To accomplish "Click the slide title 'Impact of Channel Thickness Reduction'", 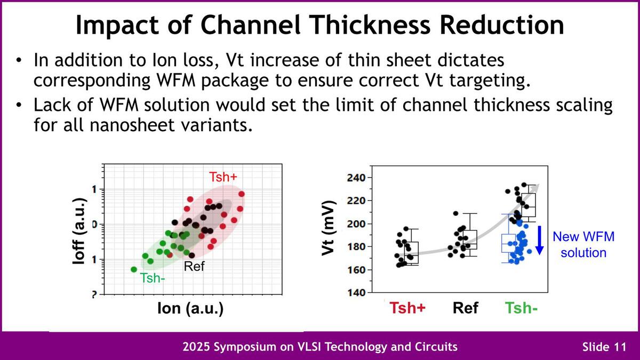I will pyautogui.click(x=319, y=25).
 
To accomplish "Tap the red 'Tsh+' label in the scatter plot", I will pyautogui.click(x=223, y=177).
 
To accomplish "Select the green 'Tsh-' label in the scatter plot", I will pyautogui.click(x=153, y=277).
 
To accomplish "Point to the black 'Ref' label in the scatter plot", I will pyautogui.click(x=194, y=266).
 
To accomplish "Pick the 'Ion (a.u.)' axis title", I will pyautogui.click(x=190, y=309).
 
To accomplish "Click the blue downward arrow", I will pyautogui.click(x=540, y=240).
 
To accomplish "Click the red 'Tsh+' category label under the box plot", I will pyautogui.click(x=407, y=308).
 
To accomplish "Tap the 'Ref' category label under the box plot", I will pyautogui.click(x=466, y=308).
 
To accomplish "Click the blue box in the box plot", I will pyautogui.click(x=509, y=243).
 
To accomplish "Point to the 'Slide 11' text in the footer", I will pyautogui.click(x=603, y=347).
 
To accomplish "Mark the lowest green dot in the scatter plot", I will pyautogui.click(x=134, y=269).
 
